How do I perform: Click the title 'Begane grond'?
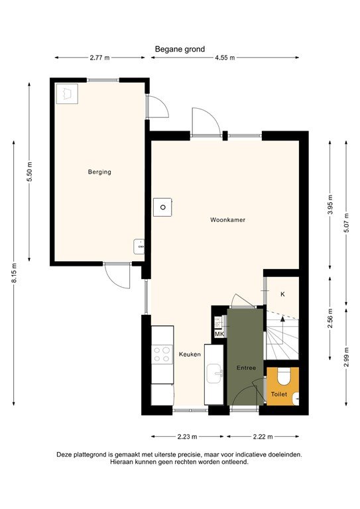pyautogui.click(x=180, y=48)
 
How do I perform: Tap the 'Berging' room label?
pyautogui.click(x=99, y=172)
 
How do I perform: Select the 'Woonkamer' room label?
pyautogui.click(x=227, y=219)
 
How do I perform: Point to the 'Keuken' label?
pyautogui.click(x=190, y=355)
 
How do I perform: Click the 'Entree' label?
pyautogui.click(x=246, y=367)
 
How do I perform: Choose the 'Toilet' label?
pyautogui.click(x=279, y=394)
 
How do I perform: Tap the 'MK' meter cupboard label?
pyautogui.click(x=219, y=333)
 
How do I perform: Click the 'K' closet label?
pyautogui.click(x=282, y=294)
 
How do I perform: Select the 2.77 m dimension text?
pyautogui.click(x=99, y=58)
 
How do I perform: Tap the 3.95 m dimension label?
pyautogui.click(x=330, y=202)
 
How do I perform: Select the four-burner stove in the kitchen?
pyautogui.click(x=162, y=354)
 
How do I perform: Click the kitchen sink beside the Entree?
pyautogui.click(x=214, y=374)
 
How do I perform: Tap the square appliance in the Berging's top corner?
pyautogui.click(x=67, y=93)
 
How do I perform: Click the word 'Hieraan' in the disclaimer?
pyautogui.click(x=122, y=462)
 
